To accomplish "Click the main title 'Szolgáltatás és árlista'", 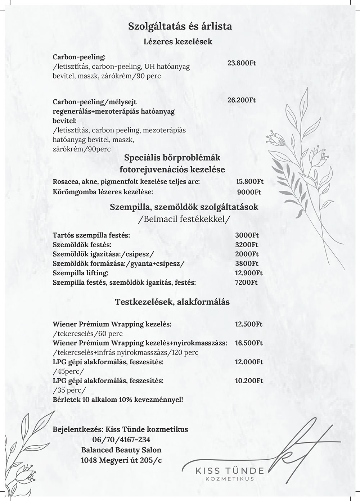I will click(180, 26).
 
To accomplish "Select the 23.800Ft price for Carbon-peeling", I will click(242, 63).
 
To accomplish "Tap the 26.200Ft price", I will click(242, 100).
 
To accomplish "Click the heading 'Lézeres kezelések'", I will click(178, 41).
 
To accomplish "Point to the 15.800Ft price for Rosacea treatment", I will click(249, 182).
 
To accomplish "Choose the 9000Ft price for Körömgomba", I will click(249, 192).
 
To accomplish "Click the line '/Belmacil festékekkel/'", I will click(184, 219).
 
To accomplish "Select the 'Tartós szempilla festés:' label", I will click(91, 235).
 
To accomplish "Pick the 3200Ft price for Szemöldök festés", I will click(247, 245).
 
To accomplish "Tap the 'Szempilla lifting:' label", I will click(80, 273).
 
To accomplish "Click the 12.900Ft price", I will click(249, 273).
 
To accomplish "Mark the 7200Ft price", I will click(247, 282).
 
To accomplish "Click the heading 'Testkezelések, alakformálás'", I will click(172, 302).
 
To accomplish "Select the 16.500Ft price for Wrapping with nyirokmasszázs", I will click(249, 343).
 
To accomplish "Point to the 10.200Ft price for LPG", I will click(249, 380).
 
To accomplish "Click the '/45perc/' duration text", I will click(68, 371).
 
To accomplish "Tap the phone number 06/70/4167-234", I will click(121, 439).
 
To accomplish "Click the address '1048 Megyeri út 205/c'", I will click(121, 460).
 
